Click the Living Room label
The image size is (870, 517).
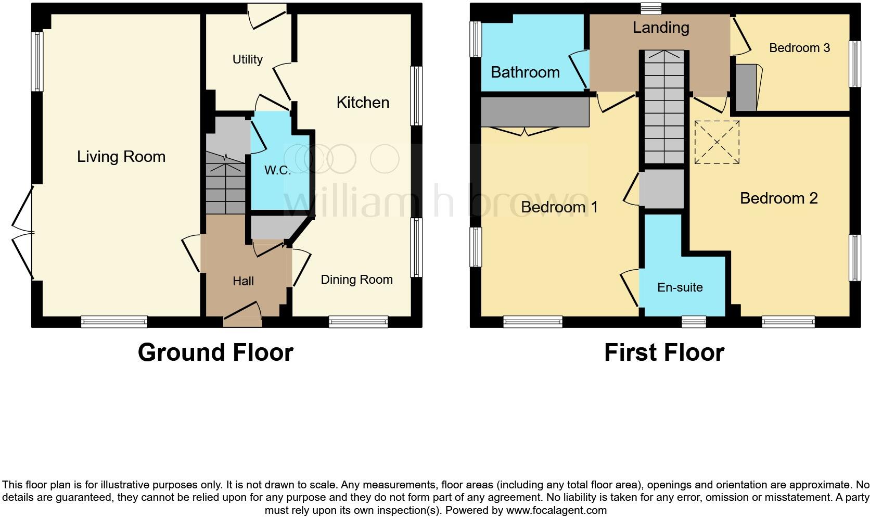click(121, 157)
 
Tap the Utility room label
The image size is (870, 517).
click(247, 59)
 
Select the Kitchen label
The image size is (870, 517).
click(363, 103)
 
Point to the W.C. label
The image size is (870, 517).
click(277, 170)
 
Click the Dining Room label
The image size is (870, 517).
click(356, 280)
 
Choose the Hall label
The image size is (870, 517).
click(243, 281)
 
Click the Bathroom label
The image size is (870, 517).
click(525, 72)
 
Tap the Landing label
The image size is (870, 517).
click(661, 28)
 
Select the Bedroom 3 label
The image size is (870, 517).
click(799, 48)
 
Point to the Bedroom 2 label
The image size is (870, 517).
click(778, 198)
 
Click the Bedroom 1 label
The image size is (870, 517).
click(559, 207)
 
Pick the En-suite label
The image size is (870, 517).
click(680, 287)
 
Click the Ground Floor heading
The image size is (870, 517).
click(215, 352)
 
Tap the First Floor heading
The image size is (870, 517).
click(664, 352)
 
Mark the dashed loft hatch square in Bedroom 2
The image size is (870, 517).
click(717, 142)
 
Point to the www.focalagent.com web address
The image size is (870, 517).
click(556, 510)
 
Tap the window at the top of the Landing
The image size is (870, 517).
click(651, 8)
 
